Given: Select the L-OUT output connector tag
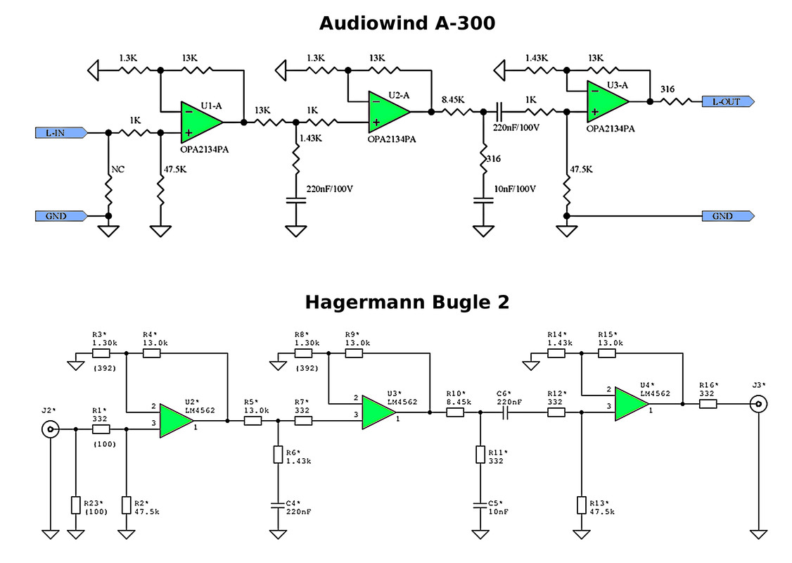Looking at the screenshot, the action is tap(728, 101).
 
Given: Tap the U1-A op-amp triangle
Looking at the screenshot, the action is tap(201, 122).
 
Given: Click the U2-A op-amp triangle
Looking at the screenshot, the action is tap(388, 112).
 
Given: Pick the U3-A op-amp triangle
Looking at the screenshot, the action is tap(607, 101).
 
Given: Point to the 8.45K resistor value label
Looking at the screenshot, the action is tap(453, 99).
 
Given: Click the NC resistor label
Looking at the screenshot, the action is tap(117, 170).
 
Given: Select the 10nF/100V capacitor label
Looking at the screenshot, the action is tap(515, 189).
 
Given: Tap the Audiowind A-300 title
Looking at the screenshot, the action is tap(407, 23).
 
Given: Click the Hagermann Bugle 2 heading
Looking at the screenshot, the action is tap(407, 302).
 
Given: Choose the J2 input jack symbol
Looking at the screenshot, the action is tap(51, 429).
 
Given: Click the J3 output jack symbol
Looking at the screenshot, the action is tap(758, 404).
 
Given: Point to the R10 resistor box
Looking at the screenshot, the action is tap(455, 412).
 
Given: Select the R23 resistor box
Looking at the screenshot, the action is tap(76, 505).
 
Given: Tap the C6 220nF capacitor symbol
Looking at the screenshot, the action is tap(506, 412).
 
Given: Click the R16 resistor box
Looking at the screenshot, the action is tap(708, 404).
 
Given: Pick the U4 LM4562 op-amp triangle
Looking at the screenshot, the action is tap(632, 404).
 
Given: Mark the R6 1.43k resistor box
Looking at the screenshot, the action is tap(278, 455).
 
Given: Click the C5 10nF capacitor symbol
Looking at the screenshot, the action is tap(480, 505).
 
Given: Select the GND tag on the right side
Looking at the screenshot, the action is tap(728, 216).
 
